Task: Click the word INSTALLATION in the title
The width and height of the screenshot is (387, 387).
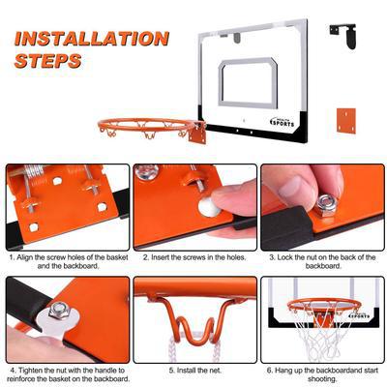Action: click(x=92, y=40)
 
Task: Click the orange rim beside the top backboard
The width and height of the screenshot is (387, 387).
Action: click(x=145, y=126)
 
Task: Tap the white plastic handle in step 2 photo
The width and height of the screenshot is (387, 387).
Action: click(x=207, y=206)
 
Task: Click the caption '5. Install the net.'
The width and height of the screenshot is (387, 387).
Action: click(x=194, y=369)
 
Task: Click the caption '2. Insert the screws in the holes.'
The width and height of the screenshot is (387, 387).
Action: click(x=194, y=258)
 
